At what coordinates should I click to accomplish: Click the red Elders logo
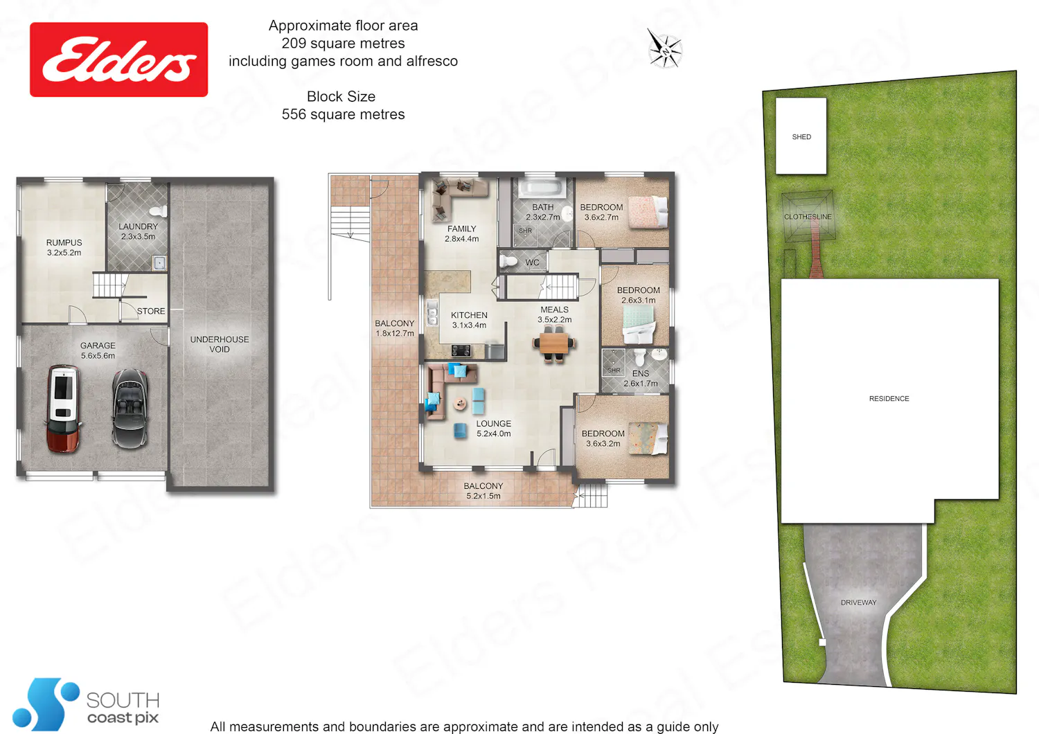click(x=118, y=60)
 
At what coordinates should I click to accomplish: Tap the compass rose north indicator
click(x=665, y=49)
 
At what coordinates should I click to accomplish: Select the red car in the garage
click(x=64, y=409)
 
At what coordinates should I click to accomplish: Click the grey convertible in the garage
click(x=130, y=409)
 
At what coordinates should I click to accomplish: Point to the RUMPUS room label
click(x=64, y=248)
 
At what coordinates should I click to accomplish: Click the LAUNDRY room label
click(x=139, y=231)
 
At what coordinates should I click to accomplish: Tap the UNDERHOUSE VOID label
click(x=220, y=344)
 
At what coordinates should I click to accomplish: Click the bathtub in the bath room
click(x=542, y=189)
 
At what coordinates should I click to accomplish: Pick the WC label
click(x=532, y=262)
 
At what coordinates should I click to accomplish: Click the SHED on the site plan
click(x=801, y=136)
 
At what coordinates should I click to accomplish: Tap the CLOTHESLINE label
click(x=808, y=217)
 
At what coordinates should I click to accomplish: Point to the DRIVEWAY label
click(x=859, y=602)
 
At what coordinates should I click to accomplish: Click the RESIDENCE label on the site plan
click(x=889, y=398)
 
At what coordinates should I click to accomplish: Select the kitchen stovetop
click(x=461, y=350)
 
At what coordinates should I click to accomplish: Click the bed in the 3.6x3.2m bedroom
click(x=648, y=438)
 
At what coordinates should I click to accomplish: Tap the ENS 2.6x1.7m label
click(x=641, y=378)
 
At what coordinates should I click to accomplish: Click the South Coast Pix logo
click(x=86, y=704)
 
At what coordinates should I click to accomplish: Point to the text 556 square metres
click(x=344, y=114)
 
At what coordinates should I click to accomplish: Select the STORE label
click(x=151, y=311)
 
